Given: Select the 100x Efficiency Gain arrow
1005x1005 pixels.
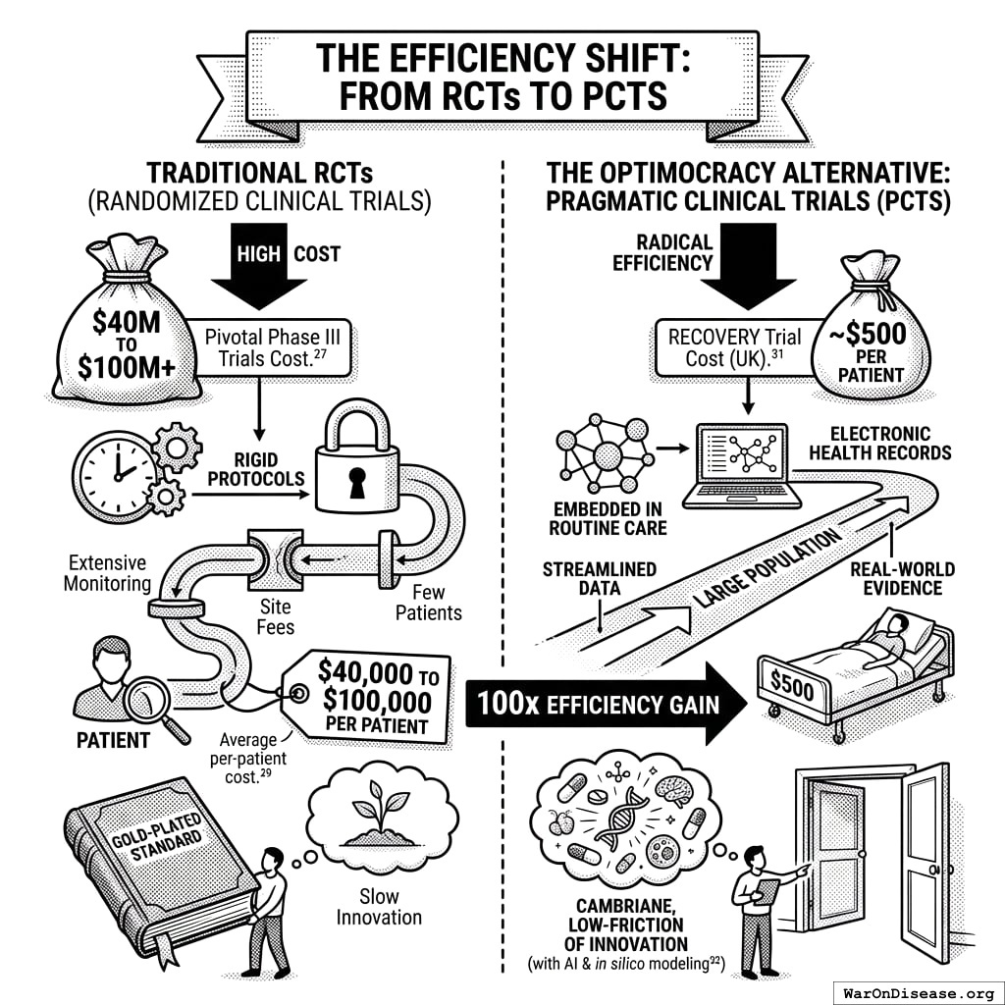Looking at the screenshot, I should pos(608,703).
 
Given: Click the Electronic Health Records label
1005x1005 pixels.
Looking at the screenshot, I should pos(890,443).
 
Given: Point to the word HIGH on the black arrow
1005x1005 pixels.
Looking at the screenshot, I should pos(259,253).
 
